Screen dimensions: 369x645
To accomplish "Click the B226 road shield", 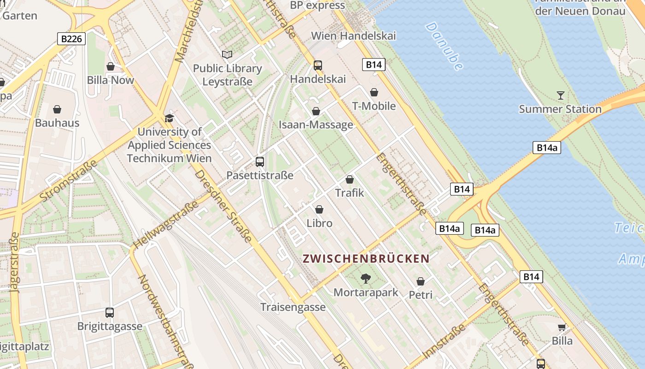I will [x=72, y=39].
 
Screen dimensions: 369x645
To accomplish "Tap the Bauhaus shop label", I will [x=57, y=123].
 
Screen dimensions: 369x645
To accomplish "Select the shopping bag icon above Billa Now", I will [x=111, y=67].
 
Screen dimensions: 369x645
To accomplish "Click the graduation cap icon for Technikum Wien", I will [x=169, y=118].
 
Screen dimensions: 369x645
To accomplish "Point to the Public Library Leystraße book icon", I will [x=227, y=54].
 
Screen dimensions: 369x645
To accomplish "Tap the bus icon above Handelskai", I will [x=318, y=65].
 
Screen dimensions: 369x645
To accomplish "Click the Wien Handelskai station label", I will [x=353, y=36].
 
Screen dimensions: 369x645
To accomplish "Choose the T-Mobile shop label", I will [x=374, y=106].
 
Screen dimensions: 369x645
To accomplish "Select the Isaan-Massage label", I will [x=316, y=125].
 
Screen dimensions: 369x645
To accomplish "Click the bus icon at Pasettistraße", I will [x=260, y=162].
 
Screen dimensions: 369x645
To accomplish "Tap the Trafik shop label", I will [x=349, y=193].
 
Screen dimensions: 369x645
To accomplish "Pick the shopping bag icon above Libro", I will [x=319, y=209].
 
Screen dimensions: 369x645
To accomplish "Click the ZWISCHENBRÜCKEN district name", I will [x=366, y=258].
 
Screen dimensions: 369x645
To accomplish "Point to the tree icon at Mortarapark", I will [x=366, y=278].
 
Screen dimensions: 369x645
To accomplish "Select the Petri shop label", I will [x=421, y=295].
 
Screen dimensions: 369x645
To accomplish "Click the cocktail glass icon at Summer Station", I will [x=560, y=95].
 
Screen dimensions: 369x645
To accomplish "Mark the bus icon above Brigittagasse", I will [x=110, y=312].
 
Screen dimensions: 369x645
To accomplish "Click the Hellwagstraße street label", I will [x=166, y=223].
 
